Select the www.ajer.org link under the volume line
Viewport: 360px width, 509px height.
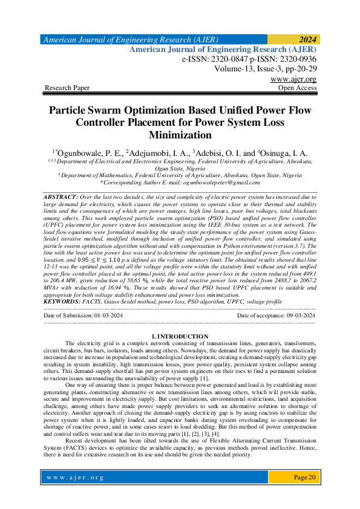click(x=293, y=79)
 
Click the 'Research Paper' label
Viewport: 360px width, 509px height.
click(x=67, y=88)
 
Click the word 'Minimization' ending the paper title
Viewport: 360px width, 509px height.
click(x=180, y=135)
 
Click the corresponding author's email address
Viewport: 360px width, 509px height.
click(x=215, y=182)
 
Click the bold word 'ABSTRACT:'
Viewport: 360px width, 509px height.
click(x=61, y=198)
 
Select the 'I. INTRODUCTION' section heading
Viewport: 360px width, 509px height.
click(x=180, y=336)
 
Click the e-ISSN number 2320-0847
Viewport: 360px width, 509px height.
click(x=225, y=60)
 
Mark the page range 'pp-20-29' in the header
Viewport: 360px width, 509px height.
click(x=297, y=69)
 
